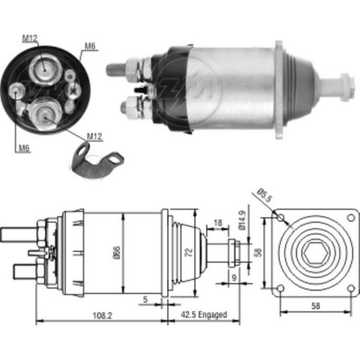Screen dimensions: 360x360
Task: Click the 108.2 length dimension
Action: click(102, 316)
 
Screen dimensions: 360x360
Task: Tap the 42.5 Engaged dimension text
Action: click(204, 315)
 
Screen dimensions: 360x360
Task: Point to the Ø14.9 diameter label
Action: click(243, 220)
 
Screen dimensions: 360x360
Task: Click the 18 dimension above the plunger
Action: click(218, 223)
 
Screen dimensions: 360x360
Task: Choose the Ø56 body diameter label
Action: click(117, 253)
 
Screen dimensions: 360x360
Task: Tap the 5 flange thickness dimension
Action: click(145, 299)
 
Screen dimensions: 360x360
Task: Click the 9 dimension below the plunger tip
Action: click(234, 278)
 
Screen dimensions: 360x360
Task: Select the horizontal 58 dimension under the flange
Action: click(316, 306)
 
